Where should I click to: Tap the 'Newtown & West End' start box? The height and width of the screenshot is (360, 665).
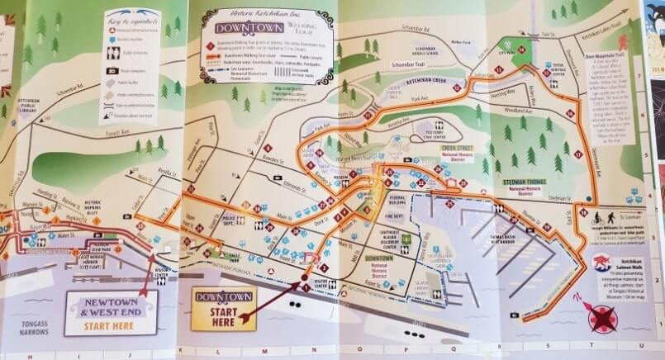[x=111, y=312]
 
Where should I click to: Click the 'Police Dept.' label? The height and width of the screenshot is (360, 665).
[x=234, y=220]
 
